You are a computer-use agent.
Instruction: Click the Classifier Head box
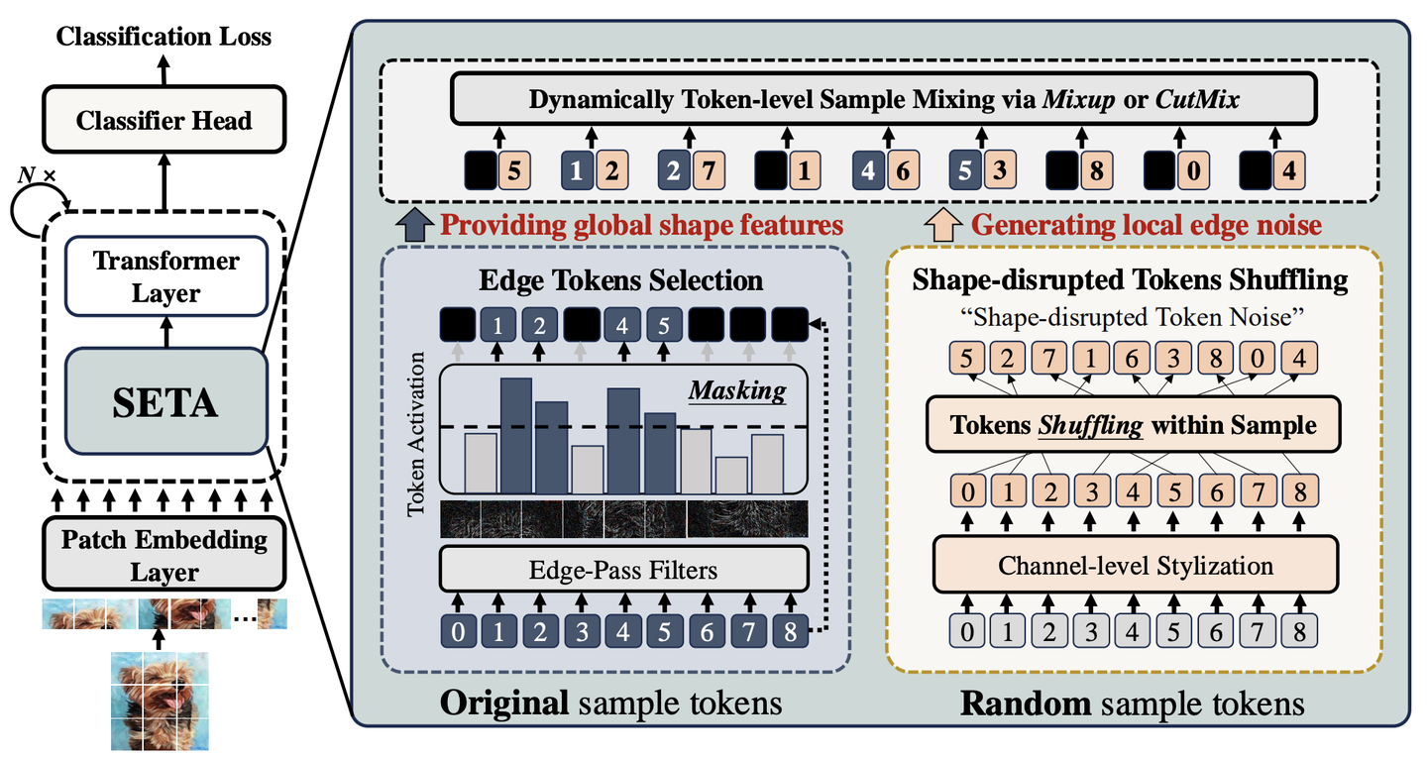pyautogui.click(x=164, y=121)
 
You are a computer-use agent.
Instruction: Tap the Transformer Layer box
pyautogui.click(x=165, y=277)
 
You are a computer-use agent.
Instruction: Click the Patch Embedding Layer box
pyautogui.click(x=164, y=555)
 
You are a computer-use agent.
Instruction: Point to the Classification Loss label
pyautogui.click(x=164, y=38)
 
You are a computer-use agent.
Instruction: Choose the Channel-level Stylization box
pyautogui.click(x=1135, y=566)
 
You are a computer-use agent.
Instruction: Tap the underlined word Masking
pyautogui.click(x=737, y=390)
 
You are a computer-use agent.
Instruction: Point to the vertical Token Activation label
pyautogui.click(x=416, y=433)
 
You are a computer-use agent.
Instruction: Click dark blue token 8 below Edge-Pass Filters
pyautogui.click(x=789, y=629)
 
